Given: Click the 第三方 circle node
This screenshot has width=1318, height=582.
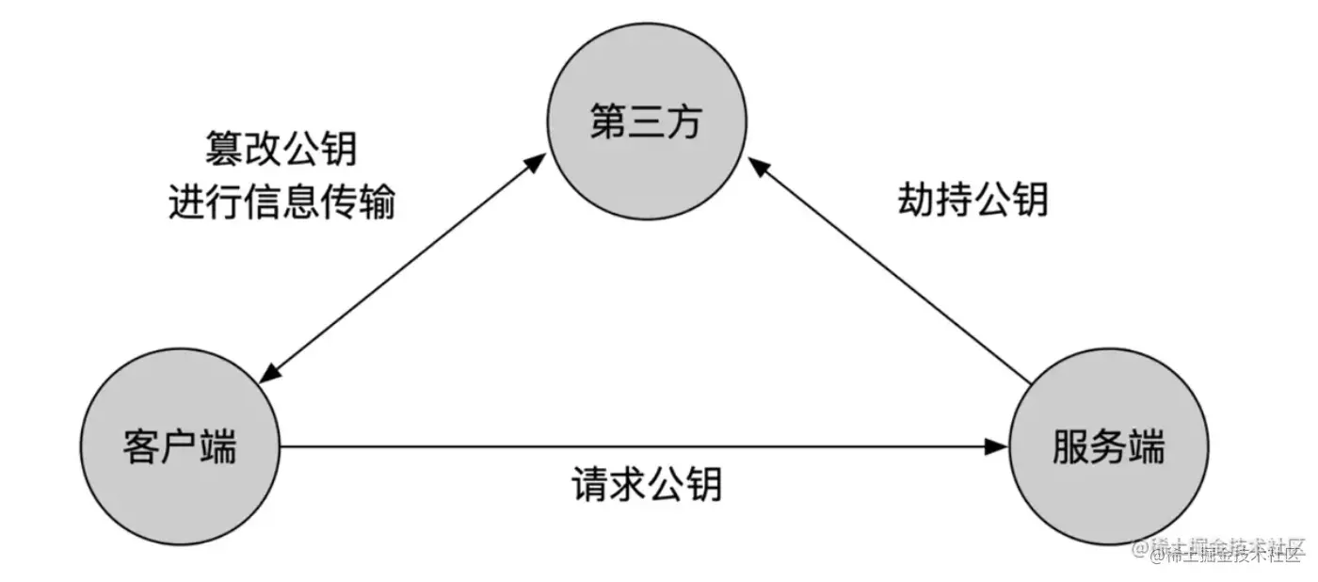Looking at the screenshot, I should click(647, 123).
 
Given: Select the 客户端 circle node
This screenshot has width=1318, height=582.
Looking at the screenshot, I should click(179, 445).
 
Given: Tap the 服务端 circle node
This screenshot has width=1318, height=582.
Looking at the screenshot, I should click(1108, 445).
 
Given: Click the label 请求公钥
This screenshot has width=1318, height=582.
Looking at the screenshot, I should click(647, 484).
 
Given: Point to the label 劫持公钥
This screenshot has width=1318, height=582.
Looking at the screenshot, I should click(972, 199).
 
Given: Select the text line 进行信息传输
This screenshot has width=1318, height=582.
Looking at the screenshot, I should click(281, 202).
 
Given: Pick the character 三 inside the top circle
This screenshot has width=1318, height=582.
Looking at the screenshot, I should click(647, 123).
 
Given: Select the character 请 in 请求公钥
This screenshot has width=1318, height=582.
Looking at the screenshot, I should click(590, 484).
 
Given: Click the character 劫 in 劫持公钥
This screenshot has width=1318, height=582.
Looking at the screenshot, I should click(916, 199).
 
